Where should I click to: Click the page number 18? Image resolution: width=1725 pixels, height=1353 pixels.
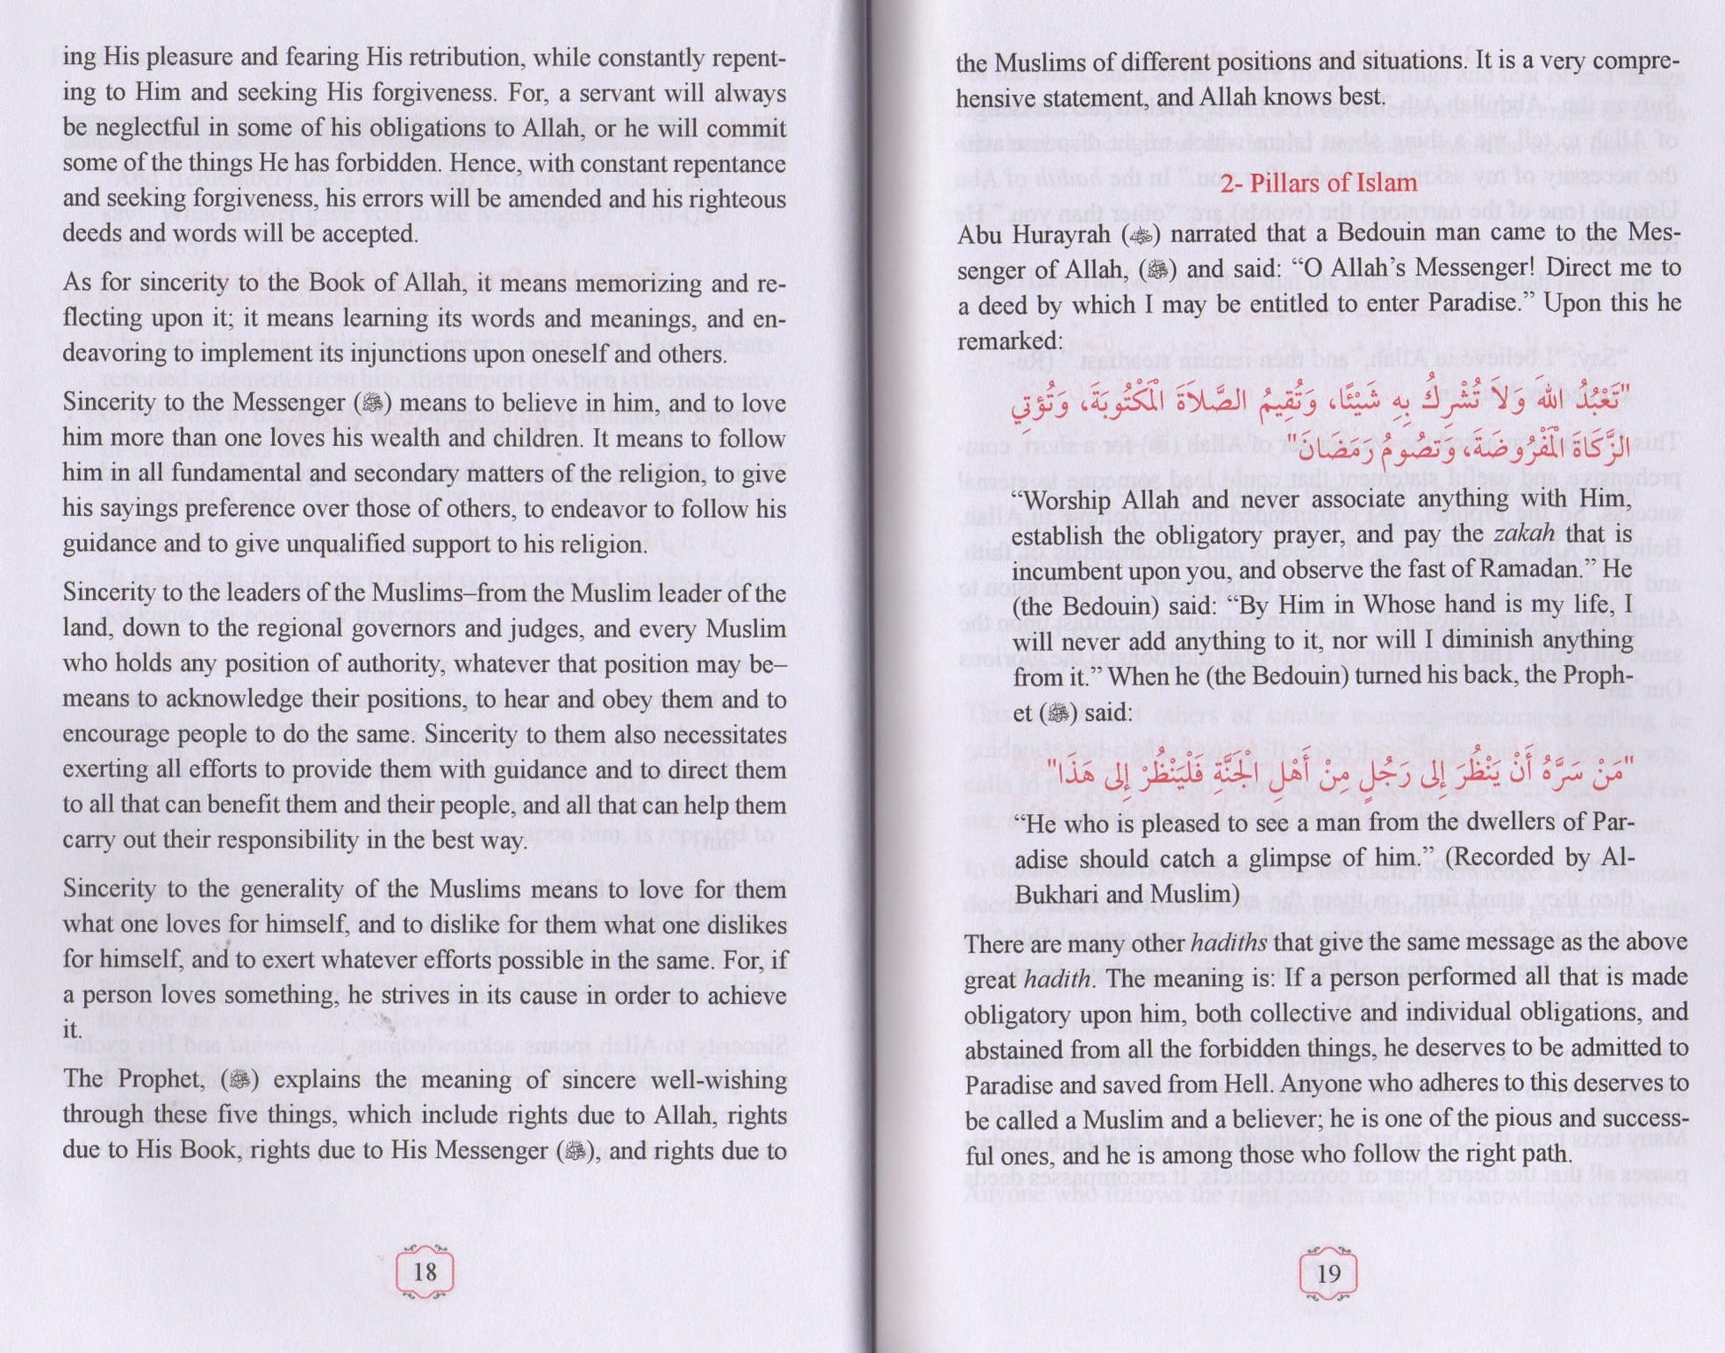(425, 1271)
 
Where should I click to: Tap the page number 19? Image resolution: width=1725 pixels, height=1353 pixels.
(1328, 1273)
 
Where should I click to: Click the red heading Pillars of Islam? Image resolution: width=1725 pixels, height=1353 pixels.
(1318, 183)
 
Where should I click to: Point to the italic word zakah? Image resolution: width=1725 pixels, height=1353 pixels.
(1524, 534)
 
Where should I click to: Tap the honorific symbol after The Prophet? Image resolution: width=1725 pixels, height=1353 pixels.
(238, 1080)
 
